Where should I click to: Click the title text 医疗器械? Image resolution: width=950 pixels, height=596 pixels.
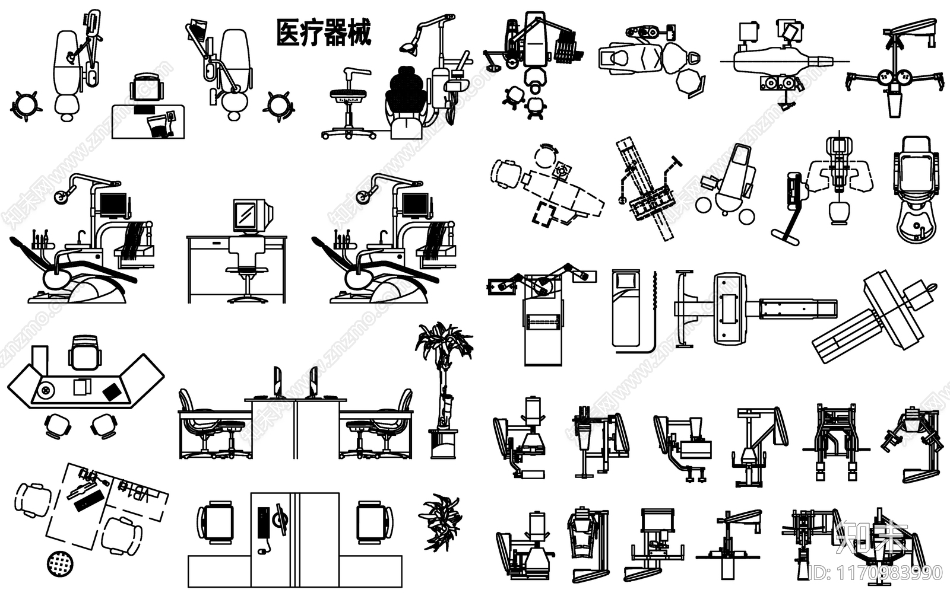pos(324,33)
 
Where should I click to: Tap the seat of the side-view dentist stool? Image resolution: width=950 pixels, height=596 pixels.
pos(347,94)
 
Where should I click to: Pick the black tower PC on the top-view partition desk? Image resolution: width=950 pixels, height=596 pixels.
pos(262,522)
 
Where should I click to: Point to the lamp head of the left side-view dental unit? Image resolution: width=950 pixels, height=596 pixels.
pos(61,196)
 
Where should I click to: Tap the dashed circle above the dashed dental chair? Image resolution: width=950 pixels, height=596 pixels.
pos(544,157)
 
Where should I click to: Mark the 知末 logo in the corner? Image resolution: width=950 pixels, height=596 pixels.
pos(870,537)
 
